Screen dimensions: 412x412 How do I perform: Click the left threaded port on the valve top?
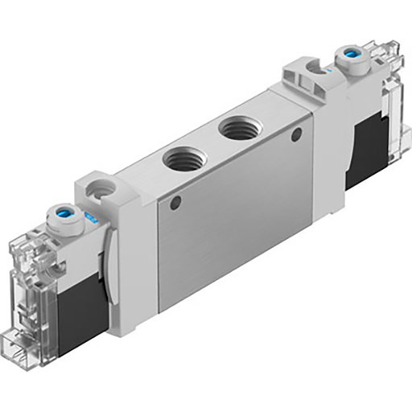(181, 158)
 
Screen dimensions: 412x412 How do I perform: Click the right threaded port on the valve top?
(239, 126)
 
